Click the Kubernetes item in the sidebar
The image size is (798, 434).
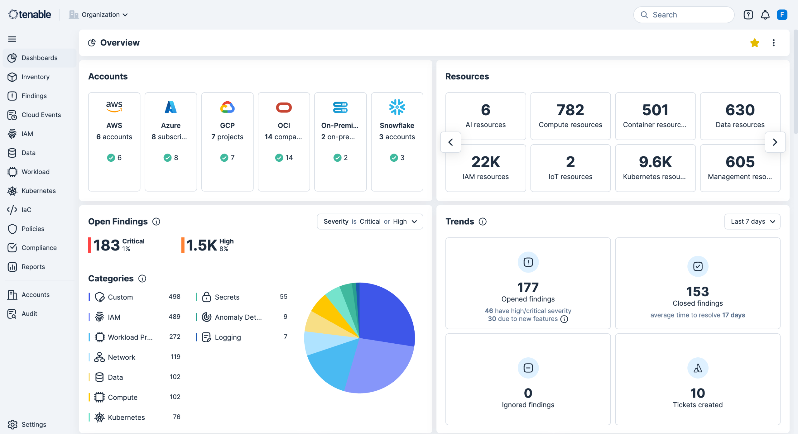pos(38,191)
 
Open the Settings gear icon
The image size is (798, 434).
pos(12,424)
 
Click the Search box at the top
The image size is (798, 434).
pos(684,15)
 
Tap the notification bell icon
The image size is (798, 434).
pos(765,15)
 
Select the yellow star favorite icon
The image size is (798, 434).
pos(755,43)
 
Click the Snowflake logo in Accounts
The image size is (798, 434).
pos(397,107)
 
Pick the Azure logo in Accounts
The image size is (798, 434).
pos(171,107)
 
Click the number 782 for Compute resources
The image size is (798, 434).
pos(570,110)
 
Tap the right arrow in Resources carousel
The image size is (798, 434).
pos(775,142)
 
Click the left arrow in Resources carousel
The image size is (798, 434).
pos(451,142)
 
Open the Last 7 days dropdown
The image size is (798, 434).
pos(752,222)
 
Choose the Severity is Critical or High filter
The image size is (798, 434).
pos(370,222)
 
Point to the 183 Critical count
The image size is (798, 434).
pos(106,245)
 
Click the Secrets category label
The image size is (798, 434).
pos(227,297)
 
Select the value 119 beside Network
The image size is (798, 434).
pos(175,357)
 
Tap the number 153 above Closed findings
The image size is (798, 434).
pos(698,292)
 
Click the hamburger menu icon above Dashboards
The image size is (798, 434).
pos(12,39)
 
